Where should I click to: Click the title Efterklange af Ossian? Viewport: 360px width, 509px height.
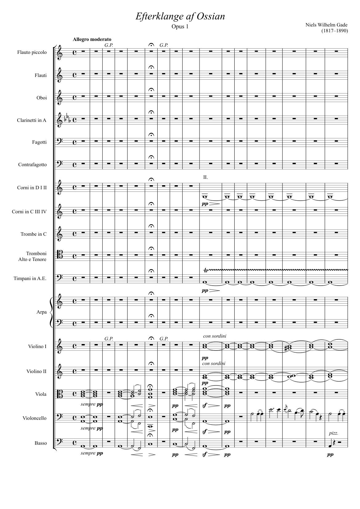pyautogui.click(x=180, y=16)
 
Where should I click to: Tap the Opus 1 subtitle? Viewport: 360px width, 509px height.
pyautogui.click(x=180, y=26)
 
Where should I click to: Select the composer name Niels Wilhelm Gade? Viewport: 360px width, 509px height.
pyautogui.click(x=326, y=25)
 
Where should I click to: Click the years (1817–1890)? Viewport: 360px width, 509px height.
pyautogui.click(x=334, y=31)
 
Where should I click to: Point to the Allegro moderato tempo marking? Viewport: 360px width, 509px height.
pyautogui.click(x=92, y=39)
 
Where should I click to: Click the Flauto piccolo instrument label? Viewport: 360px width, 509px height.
pyautogui.click(x=32, y=52)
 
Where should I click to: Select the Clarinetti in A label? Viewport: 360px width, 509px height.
pyautogui.click(x=31, y=120)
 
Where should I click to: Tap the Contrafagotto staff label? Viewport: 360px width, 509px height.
pyautogui.click(x=32, y=165)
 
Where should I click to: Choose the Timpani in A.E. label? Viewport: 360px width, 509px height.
pyautogui.click(x=30, y=279)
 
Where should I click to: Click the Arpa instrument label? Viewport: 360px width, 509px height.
pyautogui.click(x=42, y=312)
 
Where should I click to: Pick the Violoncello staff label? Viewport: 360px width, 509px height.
pyautogui.click(x=34, y=418)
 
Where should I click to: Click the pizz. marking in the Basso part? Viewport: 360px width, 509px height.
pyautogui.click(x=334, y=433)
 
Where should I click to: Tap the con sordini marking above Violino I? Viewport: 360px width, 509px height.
pyautogui.click(x=215, y=336)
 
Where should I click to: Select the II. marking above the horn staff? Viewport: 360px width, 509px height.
pyautogui.click(x=205, y=177)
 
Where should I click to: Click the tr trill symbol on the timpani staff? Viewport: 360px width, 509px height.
pyautogui.click(x=206, y=271)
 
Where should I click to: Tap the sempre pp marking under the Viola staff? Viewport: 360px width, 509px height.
pyautogui.click(x=92, y=404)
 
